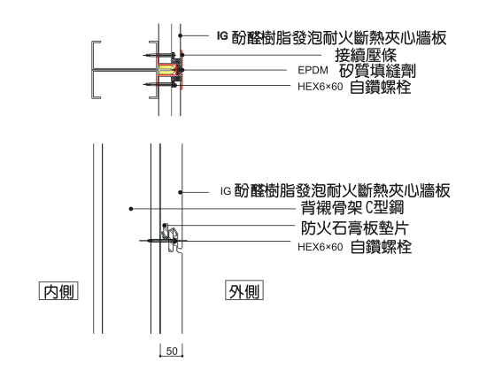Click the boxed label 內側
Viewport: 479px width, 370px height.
pos(58,291)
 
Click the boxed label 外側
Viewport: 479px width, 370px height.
pos(244,290)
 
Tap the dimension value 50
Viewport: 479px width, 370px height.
pos(172,351)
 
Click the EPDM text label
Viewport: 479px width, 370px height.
pos(313,70)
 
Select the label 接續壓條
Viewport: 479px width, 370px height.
pos(366,55)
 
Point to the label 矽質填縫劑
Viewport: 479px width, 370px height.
pos(377,70)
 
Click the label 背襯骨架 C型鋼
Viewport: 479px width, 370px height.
pos(352,208)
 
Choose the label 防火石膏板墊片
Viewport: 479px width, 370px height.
pos(355,227)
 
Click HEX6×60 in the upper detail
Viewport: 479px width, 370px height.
pos(321,87)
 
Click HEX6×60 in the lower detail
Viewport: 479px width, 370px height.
pos(321,247)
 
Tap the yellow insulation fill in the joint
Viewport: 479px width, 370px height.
pos(166,70)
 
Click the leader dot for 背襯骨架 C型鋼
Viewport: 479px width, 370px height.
pos(131,209)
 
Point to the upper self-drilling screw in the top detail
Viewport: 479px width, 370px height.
pos(158,55)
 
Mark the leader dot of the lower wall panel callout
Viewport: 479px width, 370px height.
pos(181,192)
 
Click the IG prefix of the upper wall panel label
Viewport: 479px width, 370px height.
pos(222,36)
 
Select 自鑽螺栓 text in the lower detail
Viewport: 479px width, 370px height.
pos(381,247)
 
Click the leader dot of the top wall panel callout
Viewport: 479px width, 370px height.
pos(181,35)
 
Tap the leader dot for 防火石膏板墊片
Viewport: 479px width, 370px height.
pos(165,226)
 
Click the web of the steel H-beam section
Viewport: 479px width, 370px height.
pos(124,70)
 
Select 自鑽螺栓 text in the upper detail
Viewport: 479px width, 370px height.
pos(380,87)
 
